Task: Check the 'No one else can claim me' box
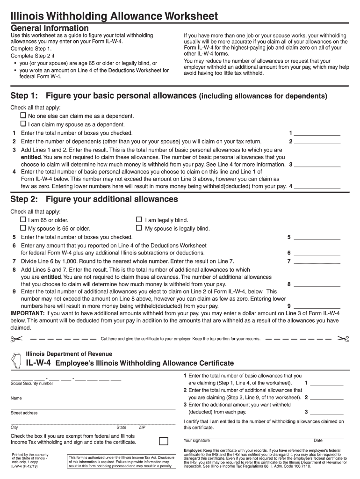[23, 116]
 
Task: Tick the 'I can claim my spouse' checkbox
[23, 124]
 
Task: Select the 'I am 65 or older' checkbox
[23, 219]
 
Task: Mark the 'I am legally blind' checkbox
[139, 219]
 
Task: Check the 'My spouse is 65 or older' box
[23, 228]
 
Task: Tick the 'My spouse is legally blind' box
[139, 228]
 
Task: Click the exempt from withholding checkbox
[164, 441]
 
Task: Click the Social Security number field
[65, 378]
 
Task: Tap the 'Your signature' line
[243, 436]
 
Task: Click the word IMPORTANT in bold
[28, 313]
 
